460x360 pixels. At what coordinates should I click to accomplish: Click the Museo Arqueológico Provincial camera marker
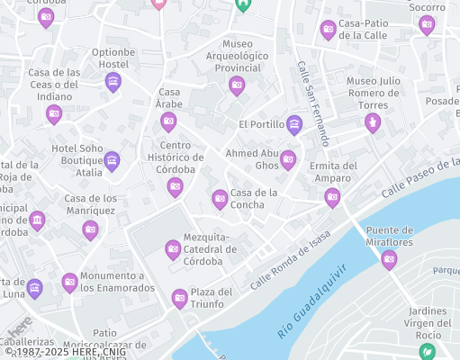point(237,85)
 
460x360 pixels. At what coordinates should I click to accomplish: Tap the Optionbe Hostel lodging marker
point(113,83)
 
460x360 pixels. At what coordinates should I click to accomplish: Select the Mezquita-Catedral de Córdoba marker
point(173,249)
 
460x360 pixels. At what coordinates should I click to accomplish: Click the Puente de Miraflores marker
point(389,259)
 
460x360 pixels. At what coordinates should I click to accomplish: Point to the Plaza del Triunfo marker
point(179,298)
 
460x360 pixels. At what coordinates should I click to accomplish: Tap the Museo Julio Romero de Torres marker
point(373,122)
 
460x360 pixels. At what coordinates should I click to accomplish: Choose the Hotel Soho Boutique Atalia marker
point(112,161)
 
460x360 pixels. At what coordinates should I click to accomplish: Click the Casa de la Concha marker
point(220,198)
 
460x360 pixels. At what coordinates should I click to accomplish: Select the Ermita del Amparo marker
point(332,197)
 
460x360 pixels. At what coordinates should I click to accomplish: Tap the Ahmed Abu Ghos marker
point(288,160)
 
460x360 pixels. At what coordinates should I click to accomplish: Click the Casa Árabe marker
point(168,121)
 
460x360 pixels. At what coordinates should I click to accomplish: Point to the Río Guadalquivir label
point(311,301)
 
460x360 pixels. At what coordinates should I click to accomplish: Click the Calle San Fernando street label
point(312,103)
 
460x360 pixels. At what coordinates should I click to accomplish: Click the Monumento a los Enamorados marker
point(69,283)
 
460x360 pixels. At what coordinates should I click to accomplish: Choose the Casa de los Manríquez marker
point(90,230)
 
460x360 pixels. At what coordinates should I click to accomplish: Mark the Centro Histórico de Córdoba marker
point(176,187)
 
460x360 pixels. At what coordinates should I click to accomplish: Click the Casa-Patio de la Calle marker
point(329,30)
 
